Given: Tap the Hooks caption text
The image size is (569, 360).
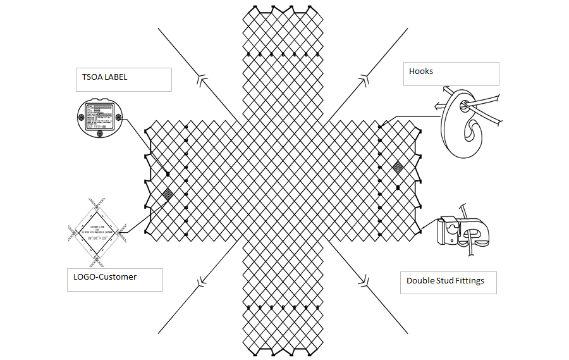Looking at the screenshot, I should (421, 71).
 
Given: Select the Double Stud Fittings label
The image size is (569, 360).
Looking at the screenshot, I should (445, 280).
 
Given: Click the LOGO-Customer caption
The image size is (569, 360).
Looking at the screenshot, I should (101, 277).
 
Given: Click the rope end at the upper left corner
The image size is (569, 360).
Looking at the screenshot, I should (158, 29).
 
